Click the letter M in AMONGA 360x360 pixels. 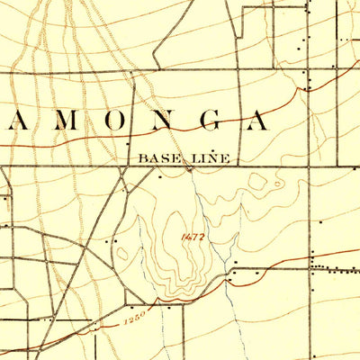click(60, 121)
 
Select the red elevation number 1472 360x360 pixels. click(192, 237)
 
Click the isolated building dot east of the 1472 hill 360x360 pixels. click(321, 220)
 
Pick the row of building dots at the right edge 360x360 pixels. click(333, 267)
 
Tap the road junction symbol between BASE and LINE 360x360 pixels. click(189, 166)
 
